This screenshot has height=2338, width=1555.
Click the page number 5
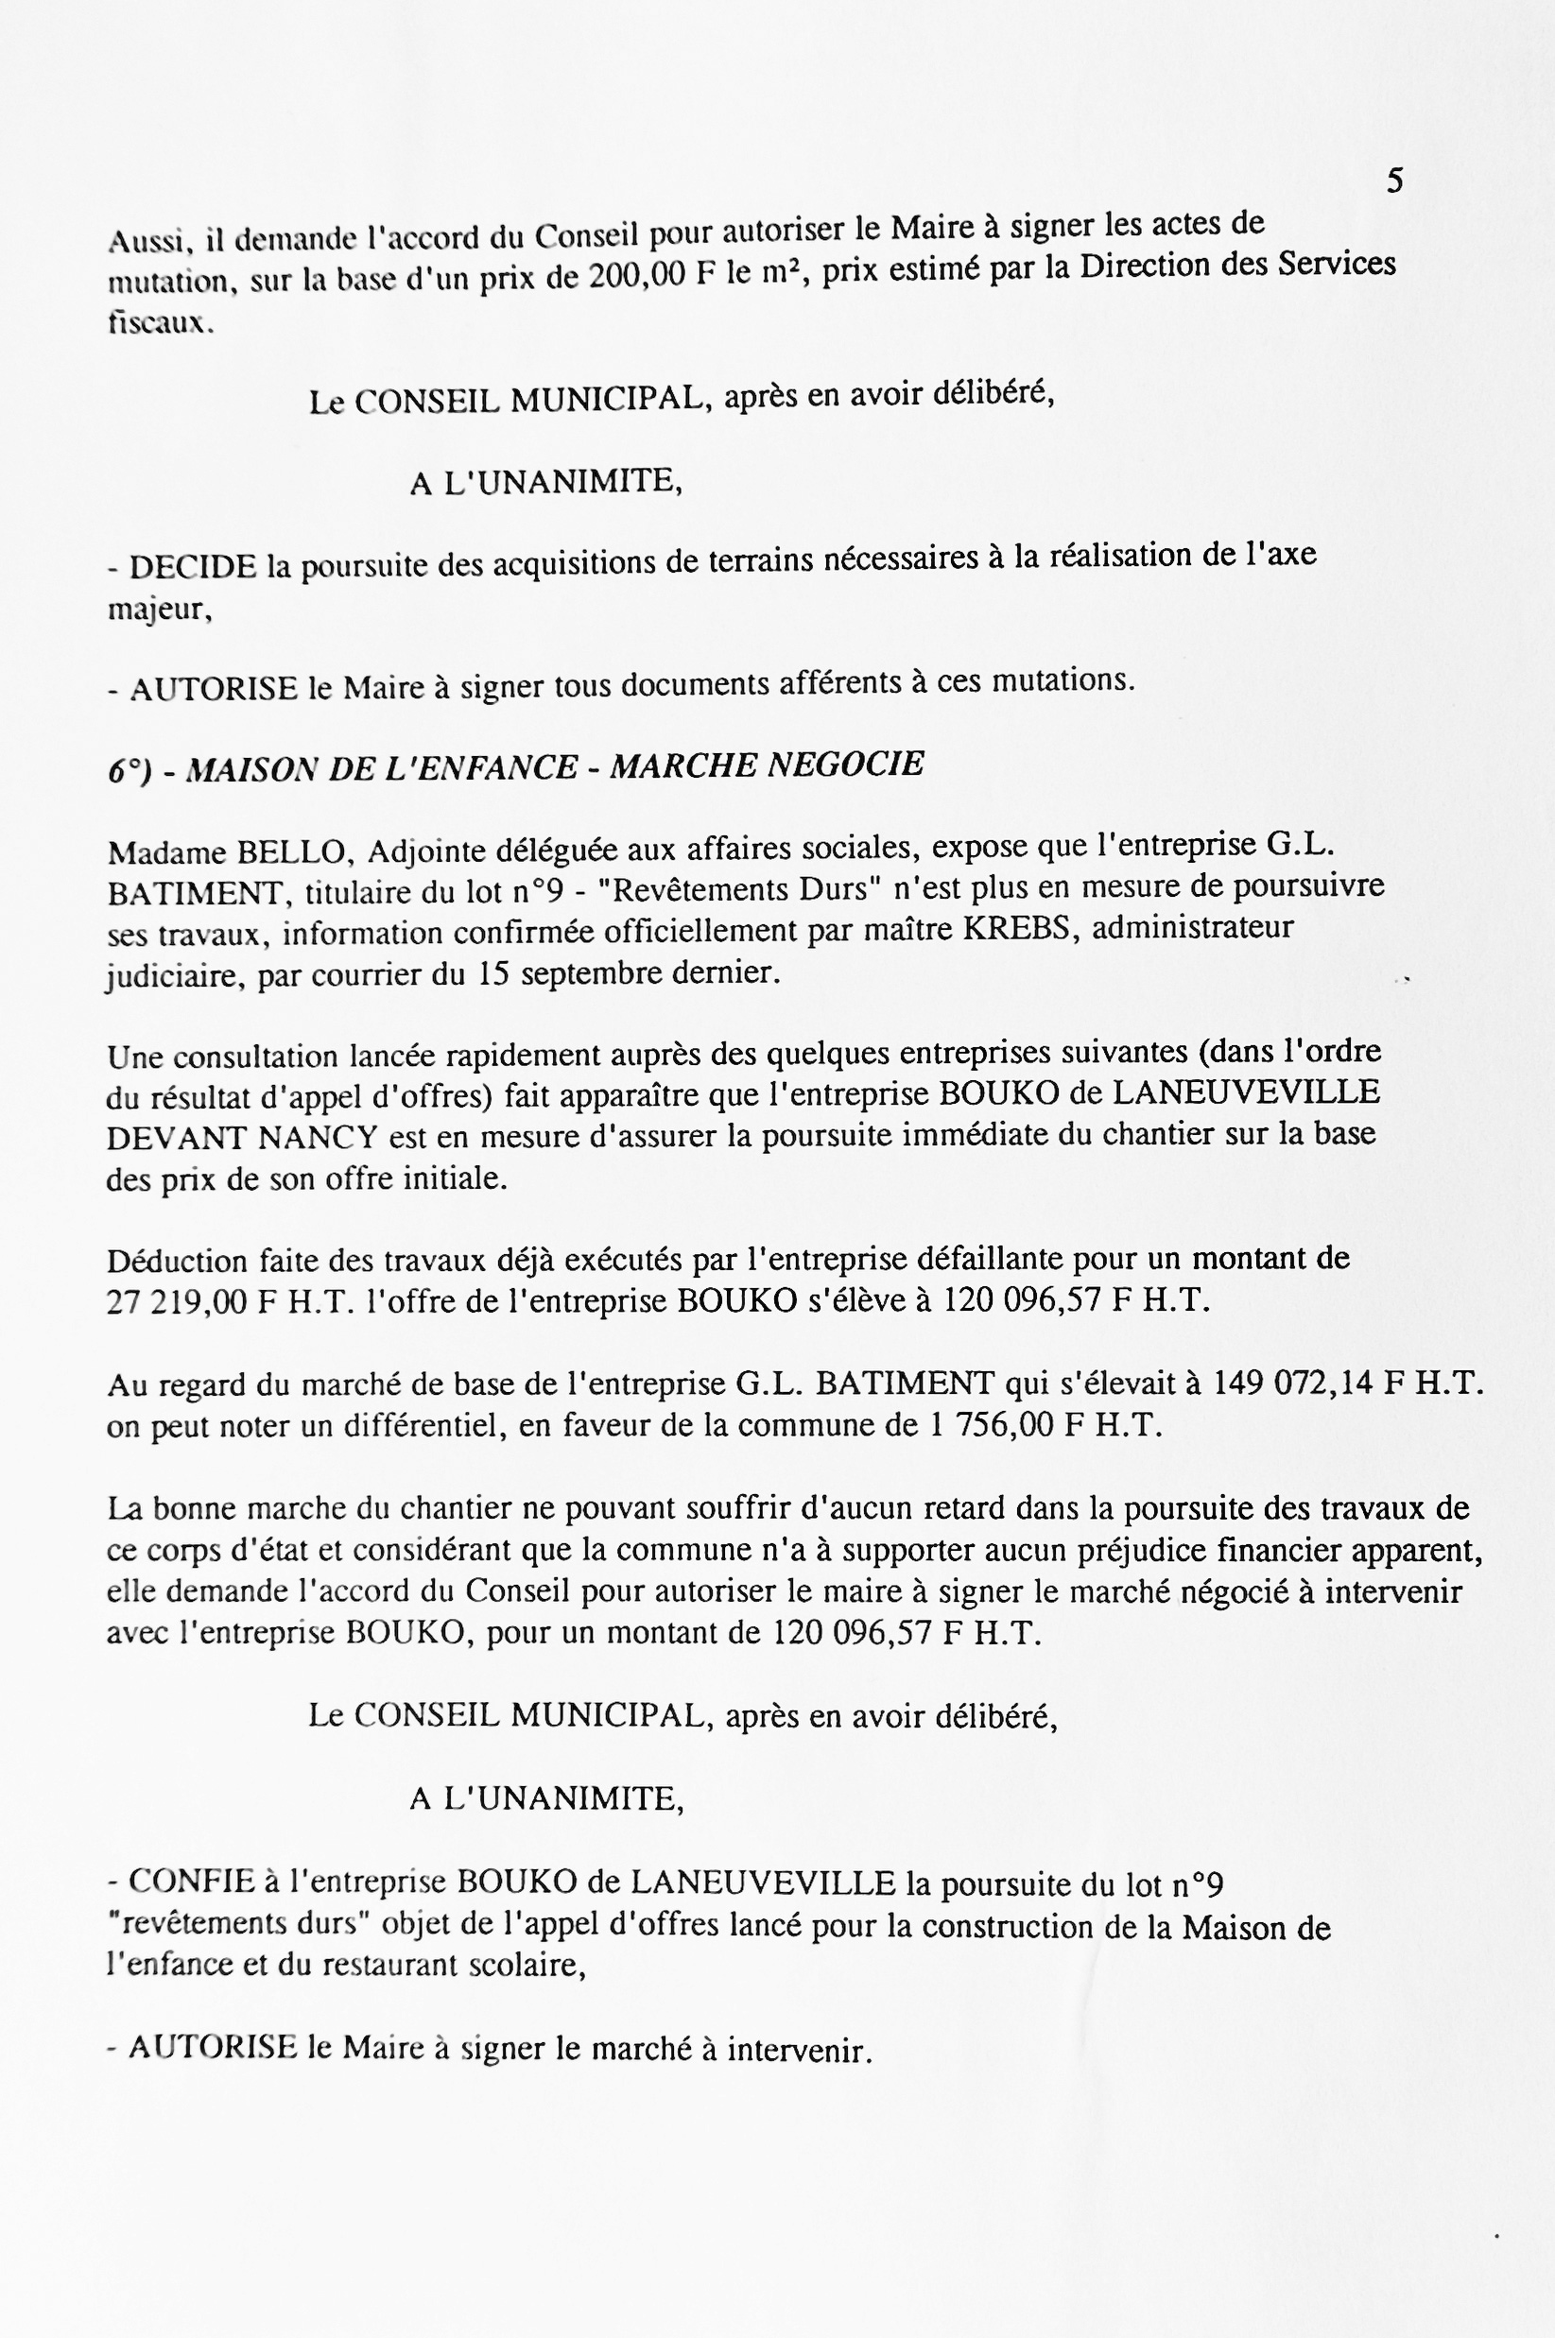[x=1394, y=181]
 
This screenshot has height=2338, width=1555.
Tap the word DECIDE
[x=194, y=567]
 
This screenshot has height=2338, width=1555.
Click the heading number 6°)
[x=129, y=771]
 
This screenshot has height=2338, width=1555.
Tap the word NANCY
[x=319, y=1137]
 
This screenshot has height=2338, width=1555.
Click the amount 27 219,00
[x=177, y=1302]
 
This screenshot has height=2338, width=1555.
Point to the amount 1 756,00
[x=993, y=1426]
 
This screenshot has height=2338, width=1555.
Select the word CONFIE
[x=191, y=1881]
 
